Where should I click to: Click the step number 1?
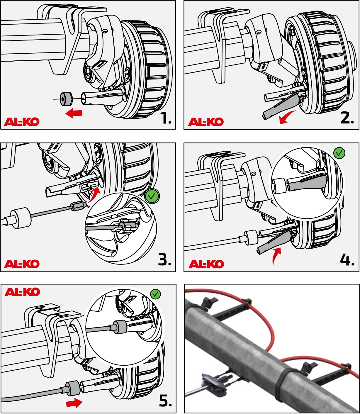point(166,118)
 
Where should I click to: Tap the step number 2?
point(347,118)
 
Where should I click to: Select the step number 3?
point(164,260)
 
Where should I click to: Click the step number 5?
point(165,401)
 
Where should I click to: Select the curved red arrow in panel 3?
point(94,194)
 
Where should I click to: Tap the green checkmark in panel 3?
point(152,196)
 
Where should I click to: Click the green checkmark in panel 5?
point(155,294)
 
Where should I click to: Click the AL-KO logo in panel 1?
point(22,122)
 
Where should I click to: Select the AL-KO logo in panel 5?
point(22,292)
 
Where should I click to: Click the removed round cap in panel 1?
point(66,99)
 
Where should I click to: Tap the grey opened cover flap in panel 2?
point(282,107)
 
